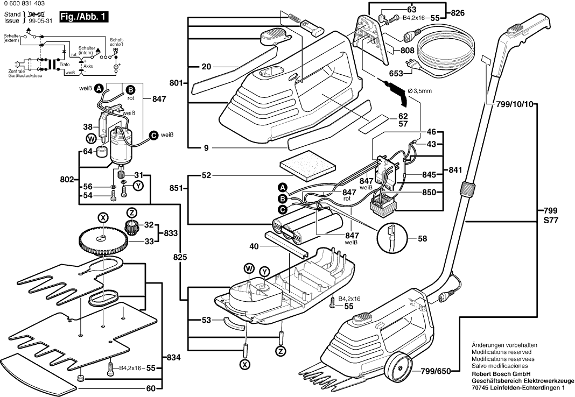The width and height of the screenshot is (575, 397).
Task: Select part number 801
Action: [x=176, y=83]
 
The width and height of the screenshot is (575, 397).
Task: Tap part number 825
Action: [x=181, y=258]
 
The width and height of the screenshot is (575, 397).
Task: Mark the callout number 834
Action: [x=173, y=357]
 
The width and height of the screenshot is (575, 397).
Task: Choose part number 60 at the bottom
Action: [x=151, y=388]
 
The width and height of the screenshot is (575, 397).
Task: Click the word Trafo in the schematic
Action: [x=65, y=65]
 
